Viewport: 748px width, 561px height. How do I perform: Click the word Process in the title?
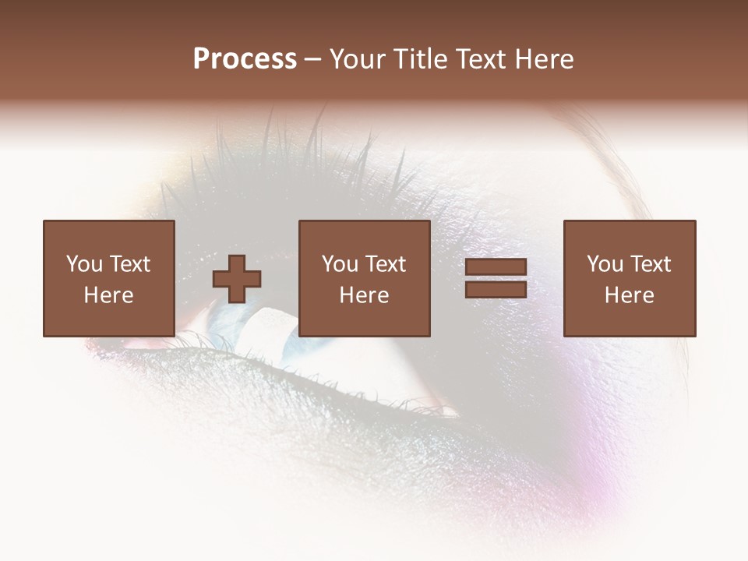coord(245,59)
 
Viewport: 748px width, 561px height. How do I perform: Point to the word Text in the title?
coord(482,59)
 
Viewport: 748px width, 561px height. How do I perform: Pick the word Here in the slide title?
coord(545,59)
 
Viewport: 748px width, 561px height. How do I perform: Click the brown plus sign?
coord(238,279)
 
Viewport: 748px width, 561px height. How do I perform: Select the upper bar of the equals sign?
coord(496,267)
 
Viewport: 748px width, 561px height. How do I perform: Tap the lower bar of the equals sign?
coord(496,290)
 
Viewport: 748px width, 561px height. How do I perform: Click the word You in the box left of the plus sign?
coord(84,264)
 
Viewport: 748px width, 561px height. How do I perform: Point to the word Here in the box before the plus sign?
coord(108,295)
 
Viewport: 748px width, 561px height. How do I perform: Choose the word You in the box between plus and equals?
coord(340,264)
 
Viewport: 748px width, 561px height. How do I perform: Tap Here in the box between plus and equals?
coord(364,295)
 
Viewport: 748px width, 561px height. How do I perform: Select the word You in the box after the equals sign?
coord(605,264)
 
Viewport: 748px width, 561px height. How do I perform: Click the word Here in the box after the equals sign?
coord(629,295)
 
